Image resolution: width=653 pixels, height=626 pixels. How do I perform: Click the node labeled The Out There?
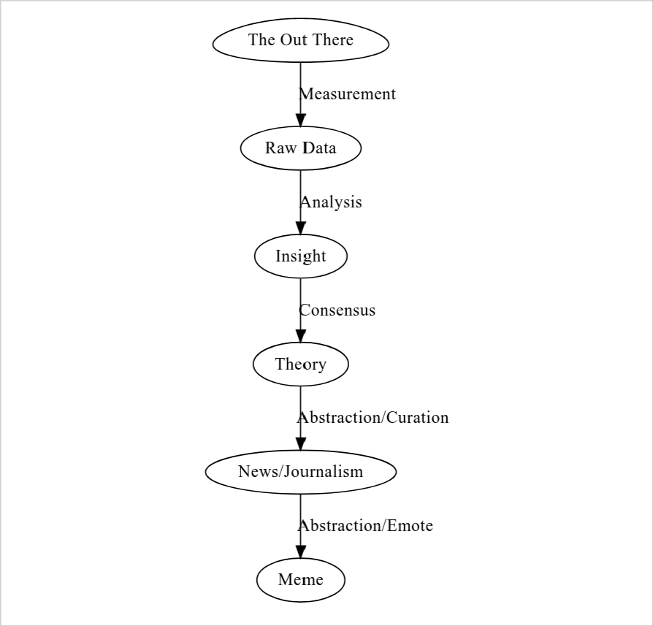(x=301, y=40)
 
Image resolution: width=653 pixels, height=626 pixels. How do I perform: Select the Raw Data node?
(x=301, y=148)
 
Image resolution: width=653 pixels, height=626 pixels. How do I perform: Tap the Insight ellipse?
(x=301, y=256)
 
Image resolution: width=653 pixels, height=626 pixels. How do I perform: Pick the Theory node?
(x=301, y=364)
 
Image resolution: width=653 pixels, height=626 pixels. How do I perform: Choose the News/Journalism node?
(x=301, y=471)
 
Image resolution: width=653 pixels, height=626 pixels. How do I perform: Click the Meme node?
(x=301, y=580)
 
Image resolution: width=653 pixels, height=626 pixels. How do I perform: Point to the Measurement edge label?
(x=347, y=94)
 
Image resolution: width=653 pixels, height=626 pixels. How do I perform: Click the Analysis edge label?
(x=331, y=202)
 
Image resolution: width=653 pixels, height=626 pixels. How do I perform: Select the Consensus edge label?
(x=337, y=310)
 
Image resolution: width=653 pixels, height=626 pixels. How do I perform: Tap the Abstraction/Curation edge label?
(x=373, y=417)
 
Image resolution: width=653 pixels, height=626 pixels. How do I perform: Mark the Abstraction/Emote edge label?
(x=365, y=526)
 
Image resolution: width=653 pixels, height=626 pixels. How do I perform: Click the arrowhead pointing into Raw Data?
(x=301, y=120)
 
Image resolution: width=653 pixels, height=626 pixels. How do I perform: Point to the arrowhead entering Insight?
(x=301, y=228)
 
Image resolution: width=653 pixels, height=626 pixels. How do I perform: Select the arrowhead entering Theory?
(x=301, y=336)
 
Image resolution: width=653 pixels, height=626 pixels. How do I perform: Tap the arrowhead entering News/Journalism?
(x=301, y=443)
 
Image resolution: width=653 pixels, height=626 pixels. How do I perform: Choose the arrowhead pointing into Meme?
(x=301, y=551)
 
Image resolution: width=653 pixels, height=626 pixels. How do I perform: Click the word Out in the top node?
(x=294, y=40)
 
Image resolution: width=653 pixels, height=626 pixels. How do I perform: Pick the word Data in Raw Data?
(x=319, y=148)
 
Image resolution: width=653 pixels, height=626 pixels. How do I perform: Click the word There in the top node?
(x=332, y=40)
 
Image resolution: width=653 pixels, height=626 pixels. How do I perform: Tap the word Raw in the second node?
(x=281, y=148)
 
